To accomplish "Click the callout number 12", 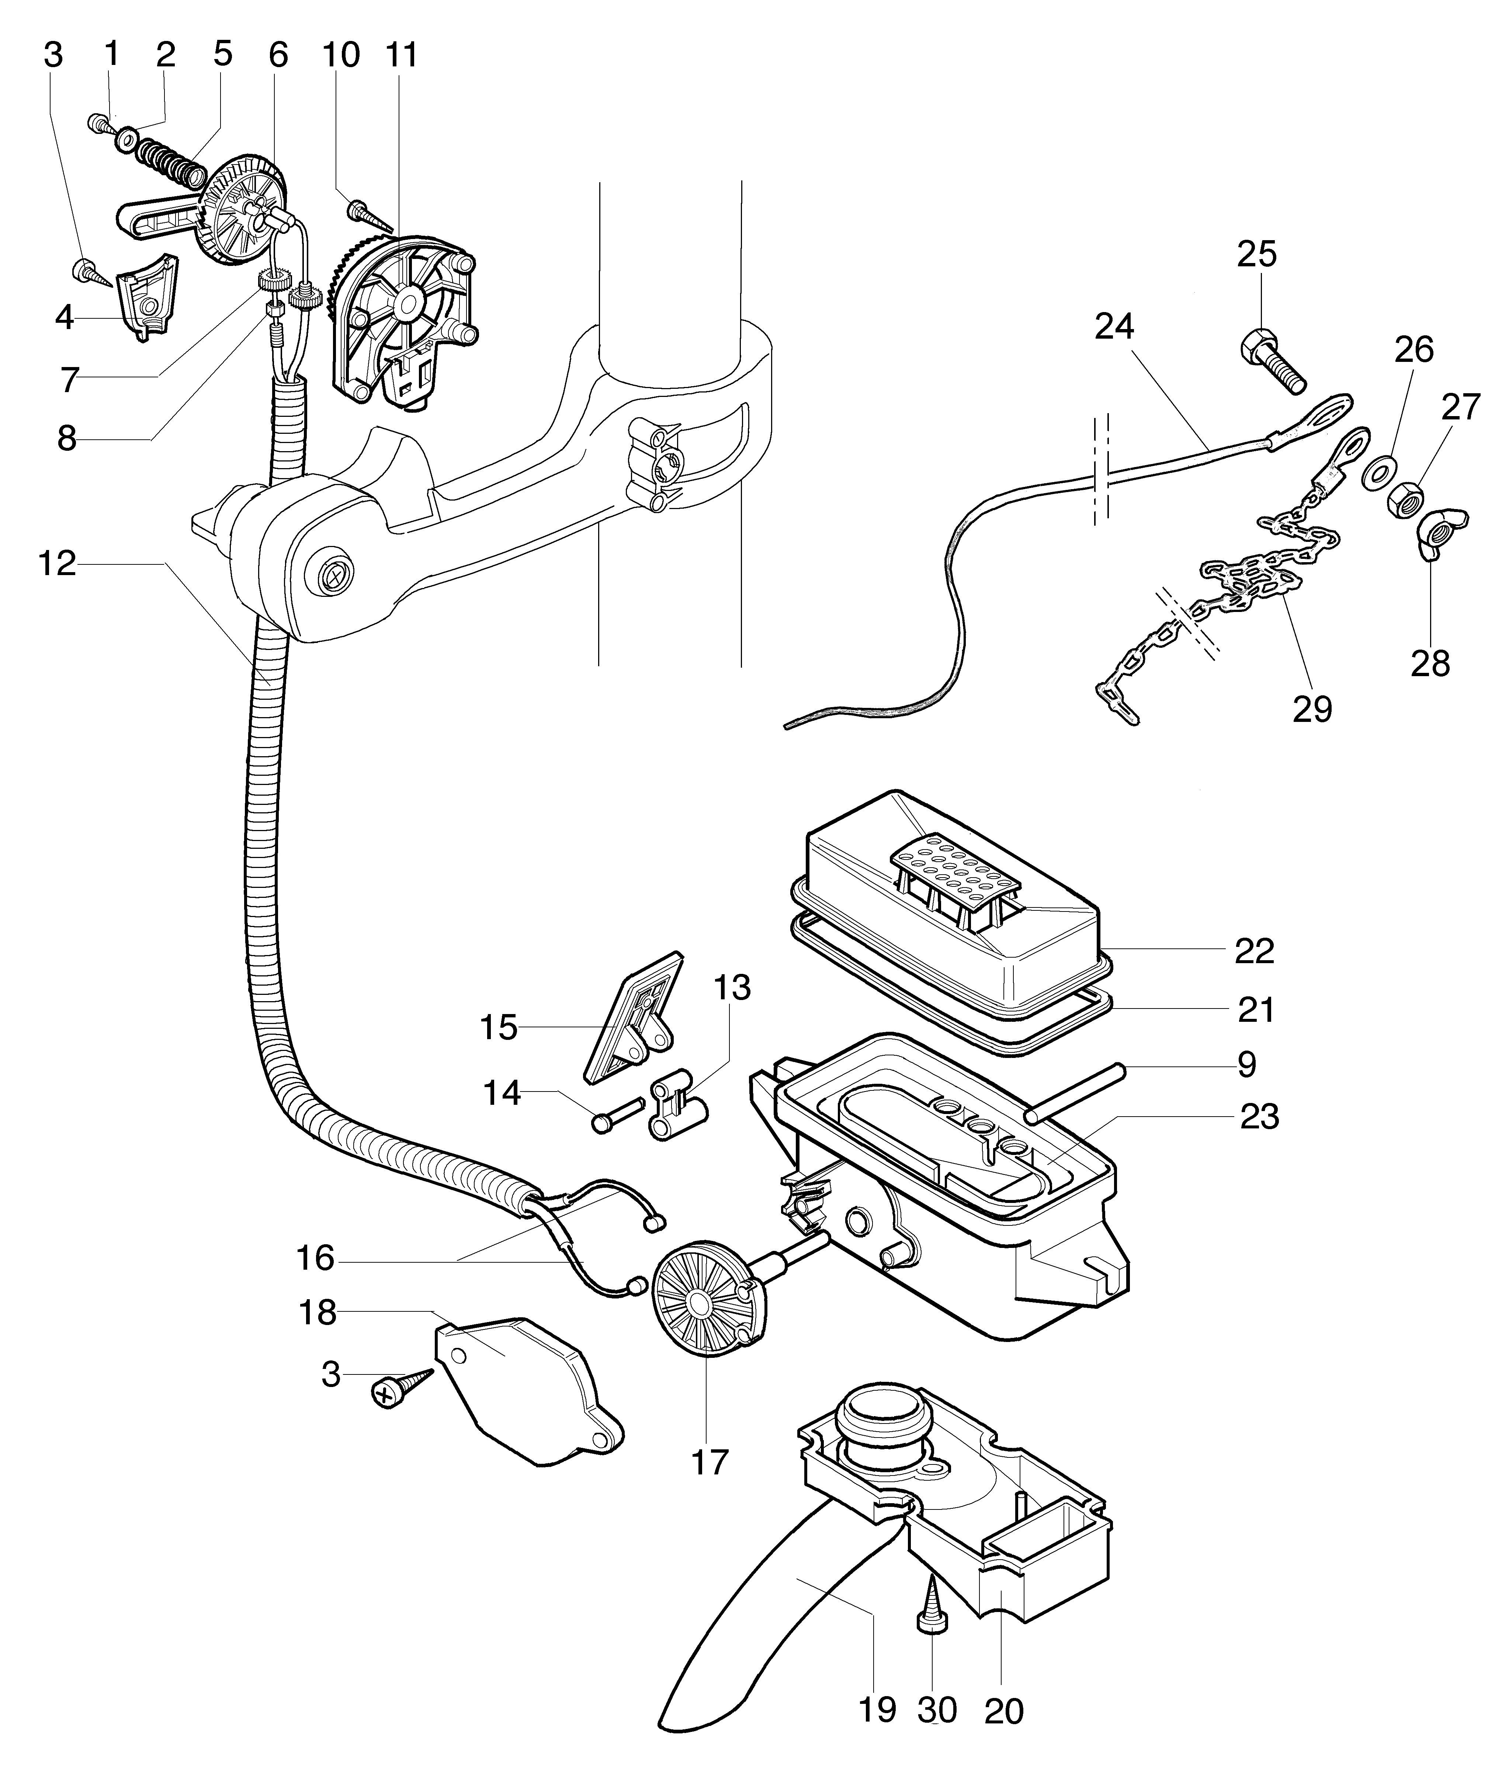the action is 57,563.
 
